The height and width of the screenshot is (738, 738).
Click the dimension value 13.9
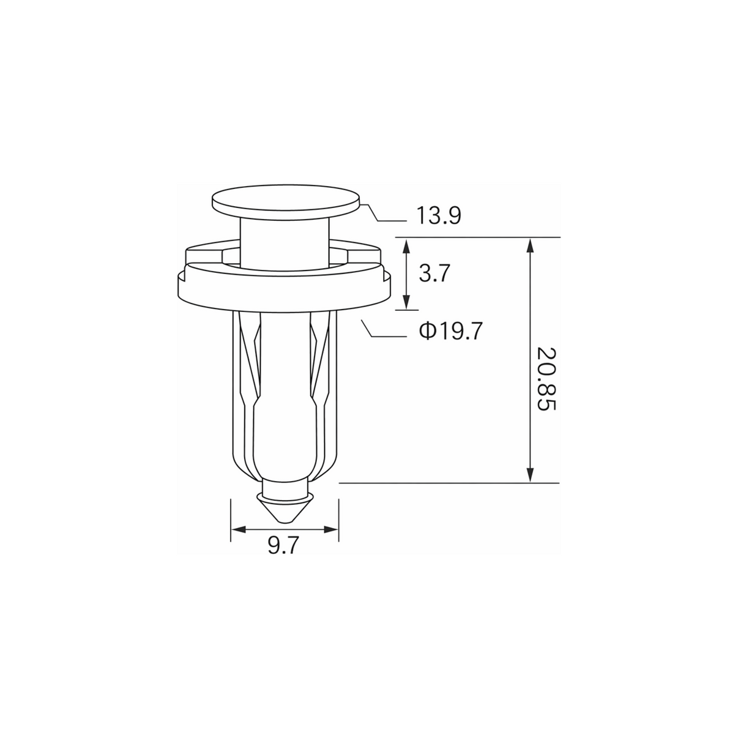point(439,215)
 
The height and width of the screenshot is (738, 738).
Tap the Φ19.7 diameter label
point(450,331)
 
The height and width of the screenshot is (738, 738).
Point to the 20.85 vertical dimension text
point(545,379)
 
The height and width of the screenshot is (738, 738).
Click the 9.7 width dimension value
point(283,545)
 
